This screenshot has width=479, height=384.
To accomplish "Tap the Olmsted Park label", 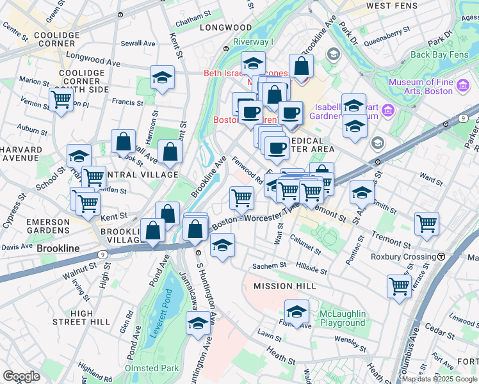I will (152, 369).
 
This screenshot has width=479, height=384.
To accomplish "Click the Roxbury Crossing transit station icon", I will (442, 257).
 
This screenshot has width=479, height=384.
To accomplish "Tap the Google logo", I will (21, 376).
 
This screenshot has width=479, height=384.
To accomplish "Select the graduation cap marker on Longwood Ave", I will (163, 77).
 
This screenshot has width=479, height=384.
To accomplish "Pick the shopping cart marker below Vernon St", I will (61, 99).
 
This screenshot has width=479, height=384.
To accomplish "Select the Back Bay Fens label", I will (439, 54).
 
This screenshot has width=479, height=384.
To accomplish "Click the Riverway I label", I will (253, 42).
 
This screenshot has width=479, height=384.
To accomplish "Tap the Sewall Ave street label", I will (142, 44).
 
